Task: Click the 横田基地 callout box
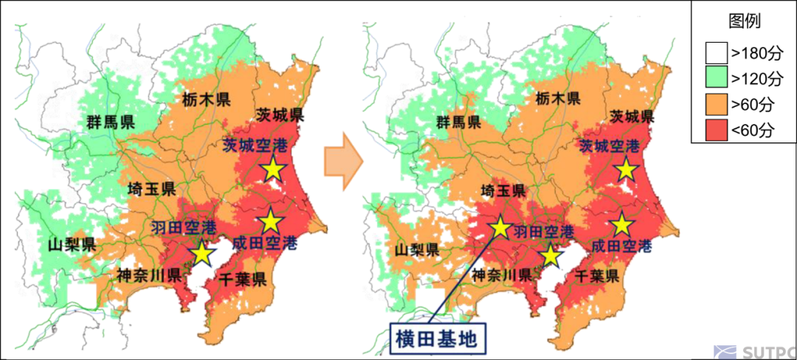click(x=438, y=339)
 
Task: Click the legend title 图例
click(x=743, y=21)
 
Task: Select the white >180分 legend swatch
click(x=714, y=52)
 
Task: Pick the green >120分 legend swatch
click(x=714, y=79)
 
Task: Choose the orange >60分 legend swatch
click(x=714, y=105)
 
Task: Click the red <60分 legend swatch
click(x=714, y=131)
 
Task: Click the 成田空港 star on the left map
click(x=270, y=220)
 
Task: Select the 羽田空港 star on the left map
click(x=201, y=253)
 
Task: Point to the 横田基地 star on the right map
click(x=500, y=226)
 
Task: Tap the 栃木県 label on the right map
click(x=554, y=99)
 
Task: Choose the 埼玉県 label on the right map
click(x=503, y=191)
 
